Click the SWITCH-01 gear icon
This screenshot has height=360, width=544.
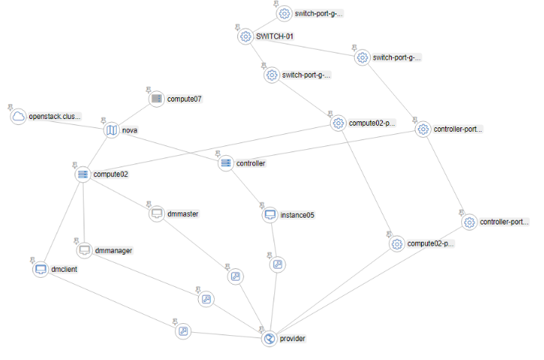click(245, 36)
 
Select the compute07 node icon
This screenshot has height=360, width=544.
click(156, 99)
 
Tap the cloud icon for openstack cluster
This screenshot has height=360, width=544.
click(18, 117)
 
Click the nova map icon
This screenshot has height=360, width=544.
click(112, 130)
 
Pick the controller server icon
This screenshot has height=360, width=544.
click(225, 163)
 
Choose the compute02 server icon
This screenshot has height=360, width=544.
click(82, 175)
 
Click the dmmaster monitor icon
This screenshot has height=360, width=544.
click(156, 214)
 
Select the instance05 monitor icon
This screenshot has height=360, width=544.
click(270, 215)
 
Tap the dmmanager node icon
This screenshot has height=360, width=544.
click(84, 250)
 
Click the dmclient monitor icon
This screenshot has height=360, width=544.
click(41, 269)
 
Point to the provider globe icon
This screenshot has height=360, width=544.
click(269, 339)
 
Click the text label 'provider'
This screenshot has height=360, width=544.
click(292, 339)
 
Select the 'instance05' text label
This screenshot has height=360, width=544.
click(297, 215)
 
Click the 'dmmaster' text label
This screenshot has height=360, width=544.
click(183, 214)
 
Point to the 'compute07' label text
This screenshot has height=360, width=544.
click(185, 99)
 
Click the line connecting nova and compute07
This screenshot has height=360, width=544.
click(134, 114)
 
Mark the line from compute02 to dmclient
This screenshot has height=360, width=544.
click(62, 221)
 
